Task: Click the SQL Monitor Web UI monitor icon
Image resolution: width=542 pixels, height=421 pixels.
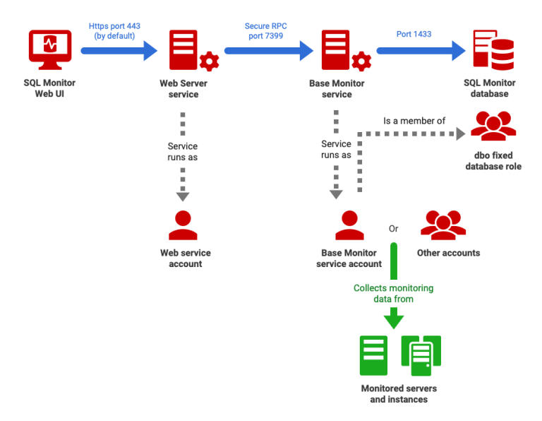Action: [x=49, y=49]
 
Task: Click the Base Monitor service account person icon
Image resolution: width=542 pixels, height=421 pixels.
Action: [x=349, y=226]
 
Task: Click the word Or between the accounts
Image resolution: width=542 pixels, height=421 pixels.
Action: [x=394, y=229]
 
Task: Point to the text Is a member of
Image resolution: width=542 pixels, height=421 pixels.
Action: [x=414, y=121]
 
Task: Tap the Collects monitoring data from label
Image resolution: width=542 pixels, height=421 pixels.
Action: [x=393, y=294]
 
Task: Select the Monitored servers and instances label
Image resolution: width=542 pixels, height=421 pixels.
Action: [x=399, y=394]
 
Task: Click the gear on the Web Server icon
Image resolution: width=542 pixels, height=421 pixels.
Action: [x=209, y=61]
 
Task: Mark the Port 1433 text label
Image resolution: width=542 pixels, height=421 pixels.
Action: [x=414, y=33]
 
